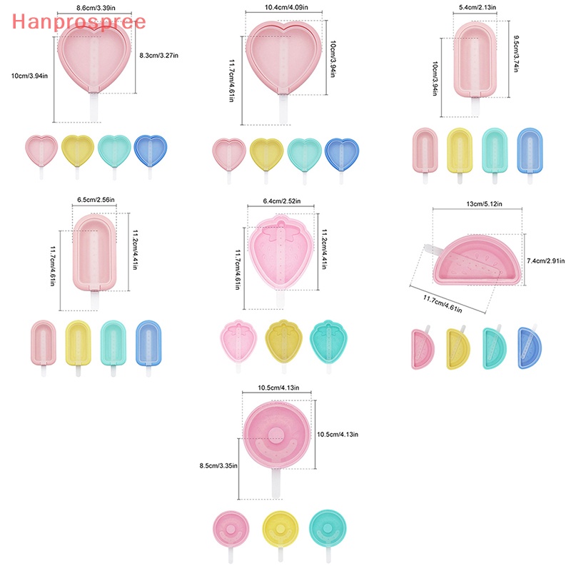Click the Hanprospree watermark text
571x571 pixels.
79,22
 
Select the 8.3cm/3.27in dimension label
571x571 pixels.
158,56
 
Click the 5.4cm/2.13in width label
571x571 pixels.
477,7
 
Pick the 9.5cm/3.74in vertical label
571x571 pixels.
515,54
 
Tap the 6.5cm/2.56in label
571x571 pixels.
96,200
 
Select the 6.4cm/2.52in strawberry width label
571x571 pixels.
282,201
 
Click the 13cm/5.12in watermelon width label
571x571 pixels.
484,204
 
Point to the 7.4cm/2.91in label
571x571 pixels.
546,261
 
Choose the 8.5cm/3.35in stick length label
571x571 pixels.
218,465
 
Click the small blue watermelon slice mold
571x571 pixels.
530,347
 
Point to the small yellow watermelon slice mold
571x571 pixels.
458,348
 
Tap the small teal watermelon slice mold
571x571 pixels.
494,348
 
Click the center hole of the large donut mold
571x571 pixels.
276,436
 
